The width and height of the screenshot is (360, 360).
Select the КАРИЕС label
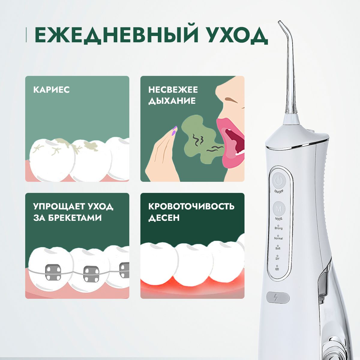pos(51,89)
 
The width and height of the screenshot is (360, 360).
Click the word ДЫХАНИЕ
pos(172,100)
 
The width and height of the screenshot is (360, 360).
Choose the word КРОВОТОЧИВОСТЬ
pos(191,206)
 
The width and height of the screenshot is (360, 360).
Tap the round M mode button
pos(279,208)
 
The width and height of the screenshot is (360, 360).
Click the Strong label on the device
pos(278,228)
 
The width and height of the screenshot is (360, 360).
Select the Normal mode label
pos(278,238)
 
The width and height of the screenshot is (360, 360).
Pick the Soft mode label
pos(278,248)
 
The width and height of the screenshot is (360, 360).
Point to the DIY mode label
pos(277,258)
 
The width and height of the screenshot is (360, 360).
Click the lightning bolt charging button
pos(277,298)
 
